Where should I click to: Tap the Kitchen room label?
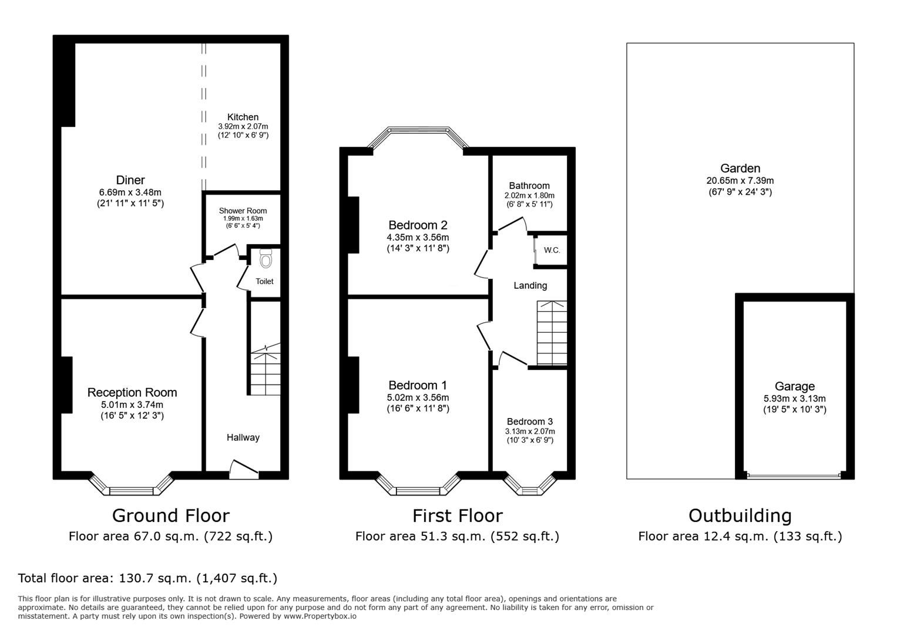(243, 117)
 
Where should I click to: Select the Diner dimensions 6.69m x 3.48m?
(130, 192)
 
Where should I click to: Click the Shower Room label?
(243, 211)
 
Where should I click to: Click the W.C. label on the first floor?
(552, 250)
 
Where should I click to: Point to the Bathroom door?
(511, 223)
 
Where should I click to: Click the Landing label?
(530, 285)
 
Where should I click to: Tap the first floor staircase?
(552, 333)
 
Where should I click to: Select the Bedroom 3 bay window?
(530, 485)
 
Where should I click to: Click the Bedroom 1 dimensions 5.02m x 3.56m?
(418, 397)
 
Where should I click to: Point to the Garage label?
(794, 386)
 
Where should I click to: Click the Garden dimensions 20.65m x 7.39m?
(740, 181)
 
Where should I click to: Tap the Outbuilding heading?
(740, 515)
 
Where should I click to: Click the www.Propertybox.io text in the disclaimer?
(320, 616)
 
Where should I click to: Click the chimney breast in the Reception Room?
(66, 385)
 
